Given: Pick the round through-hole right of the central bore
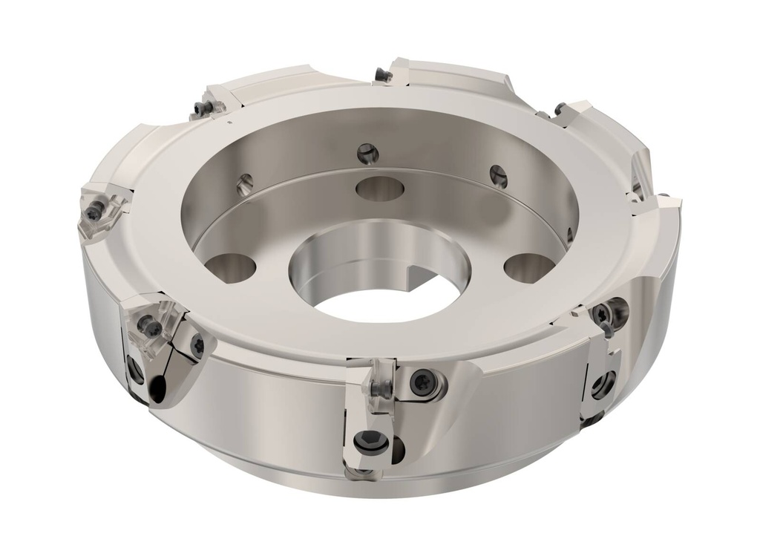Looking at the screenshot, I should click(528, 266).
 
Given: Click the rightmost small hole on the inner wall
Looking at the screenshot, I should click(499, 176).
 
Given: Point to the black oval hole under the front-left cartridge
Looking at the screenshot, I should click(157, 385).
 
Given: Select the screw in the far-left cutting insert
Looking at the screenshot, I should click(94, 213).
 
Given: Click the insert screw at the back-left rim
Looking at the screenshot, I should click(199, 111).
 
